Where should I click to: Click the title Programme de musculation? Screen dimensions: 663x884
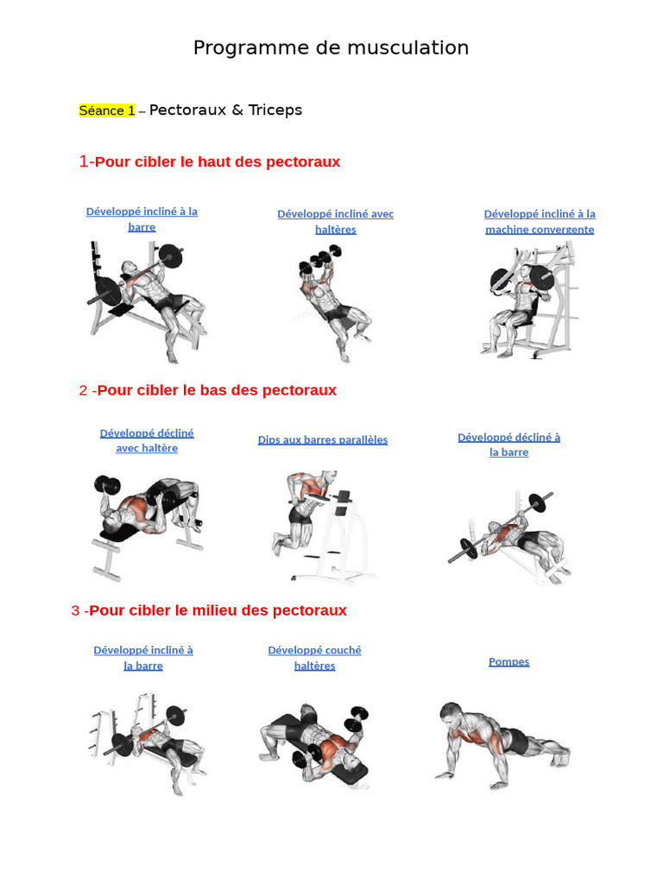(331, 48)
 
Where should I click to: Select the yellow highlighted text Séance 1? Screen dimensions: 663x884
(107, 110)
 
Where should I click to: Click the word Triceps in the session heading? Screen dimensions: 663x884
(275, 110)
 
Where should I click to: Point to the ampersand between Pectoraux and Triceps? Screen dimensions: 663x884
(237, 110)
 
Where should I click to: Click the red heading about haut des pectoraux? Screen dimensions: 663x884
(210, 161)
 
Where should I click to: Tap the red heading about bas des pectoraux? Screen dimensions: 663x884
(207, 390)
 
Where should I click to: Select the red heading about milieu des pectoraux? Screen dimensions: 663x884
(209, 610)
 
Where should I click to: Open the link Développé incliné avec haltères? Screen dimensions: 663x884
(336, 222)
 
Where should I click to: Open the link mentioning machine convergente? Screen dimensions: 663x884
(540, 222)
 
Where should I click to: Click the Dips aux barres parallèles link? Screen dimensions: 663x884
(323, 439)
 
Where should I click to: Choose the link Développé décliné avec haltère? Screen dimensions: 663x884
(147, 440)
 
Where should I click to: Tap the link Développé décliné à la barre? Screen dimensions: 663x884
(509, 445)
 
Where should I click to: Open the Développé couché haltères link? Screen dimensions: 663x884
(314, 658)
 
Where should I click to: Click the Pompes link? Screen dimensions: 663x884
(509, 661)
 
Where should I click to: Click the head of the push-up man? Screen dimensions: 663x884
(451, 715)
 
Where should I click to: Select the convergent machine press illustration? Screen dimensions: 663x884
(530, 300)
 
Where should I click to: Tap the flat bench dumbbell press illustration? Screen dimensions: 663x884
(314, 745)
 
